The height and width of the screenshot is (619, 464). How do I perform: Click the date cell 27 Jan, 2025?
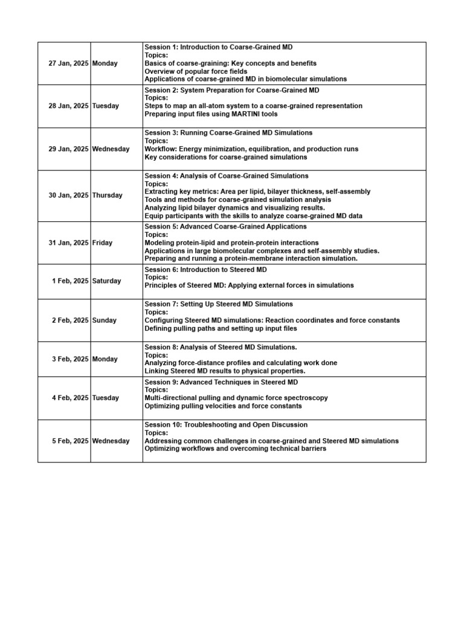pos(68,63)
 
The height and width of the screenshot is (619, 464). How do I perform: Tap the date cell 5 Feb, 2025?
pos(70,441)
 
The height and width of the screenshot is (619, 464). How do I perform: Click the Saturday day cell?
pos(107,281)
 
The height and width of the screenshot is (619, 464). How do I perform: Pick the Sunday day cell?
pos(105,320)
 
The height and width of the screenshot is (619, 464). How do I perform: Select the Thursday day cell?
pos(108,195)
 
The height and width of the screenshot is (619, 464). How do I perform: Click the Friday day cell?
pos(102,243)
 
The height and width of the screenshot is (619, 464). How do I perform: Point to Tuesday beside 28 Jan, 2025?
pos(106,106)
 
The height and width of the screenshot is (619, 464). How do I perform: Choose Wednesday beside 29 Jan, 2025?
pos(111,149)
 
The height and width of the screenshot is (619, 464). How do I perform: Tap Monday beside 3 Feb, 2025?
pos(105,359)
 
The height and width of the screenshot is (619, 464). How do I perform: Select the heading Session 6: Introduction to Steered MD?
pos(205,270)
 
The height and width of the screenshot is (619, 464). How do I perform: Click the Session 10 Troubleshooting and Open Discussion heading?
pos(226,425)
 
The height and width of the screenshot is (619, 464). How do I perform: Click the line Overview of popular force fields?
pos(196,71)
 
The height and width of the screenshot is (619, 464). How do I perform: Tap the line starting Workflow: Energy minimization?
pos(251,149)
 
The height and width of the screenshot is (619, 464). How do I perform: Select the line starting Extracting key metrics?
pos(257,192)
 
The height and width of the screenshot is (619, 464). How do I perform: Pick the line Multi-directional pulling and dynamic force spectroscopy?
pos(236,398)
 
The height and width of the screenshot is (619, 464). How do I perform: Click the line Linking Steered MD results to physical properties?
pos(225,371)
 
